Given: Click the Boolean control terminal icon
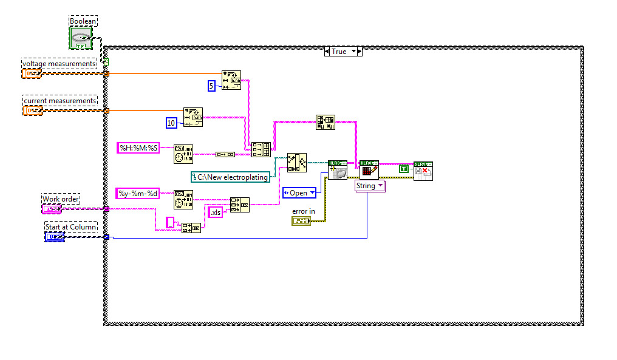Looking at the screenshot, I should (80, 38).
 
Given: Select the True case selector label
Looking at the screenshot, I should (339, 52).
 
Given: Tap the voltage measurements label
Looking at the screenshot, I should (60, 64).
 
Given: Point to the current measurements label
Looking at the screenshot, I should (60, 100).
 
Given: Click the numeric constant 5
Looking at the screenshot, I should (211, 86).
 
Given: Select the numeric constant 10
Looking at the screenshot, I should (171, 123).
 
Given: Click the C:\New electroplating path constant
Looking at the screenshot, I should (230, 177).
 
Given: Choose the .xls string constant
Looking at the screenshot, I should (215, 212).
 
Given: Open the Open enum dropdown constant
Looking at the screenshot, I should (299, 193).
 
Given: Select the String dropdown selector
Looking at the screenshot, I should (369, 186).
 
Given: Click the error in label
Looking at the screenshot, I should (303, 211).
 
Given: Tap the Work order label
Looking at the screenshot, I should (61, 199).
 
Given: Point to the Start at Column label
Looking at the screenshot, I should (70, 227).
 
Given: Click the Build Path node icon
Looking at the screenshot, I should (297, 162).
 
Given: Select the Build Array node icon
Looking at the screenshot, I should (261, 149).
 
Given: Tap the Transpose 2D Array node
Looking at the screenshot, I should (325, 122).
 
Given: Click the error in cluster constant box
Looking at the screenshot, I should (301, 222).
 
